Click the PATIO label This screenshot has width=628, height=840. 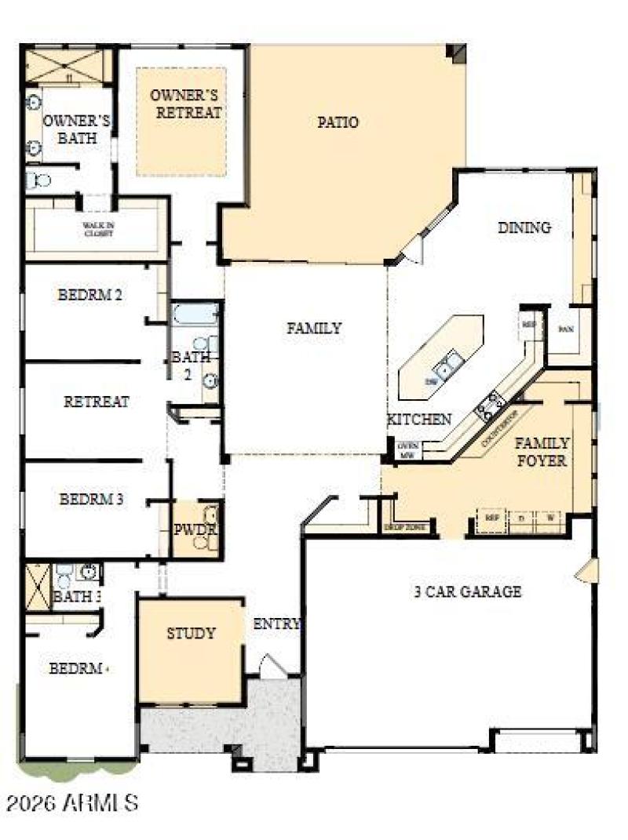click(x=338, y=122)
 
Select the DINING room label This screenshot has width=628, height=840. click(x=524, y=227)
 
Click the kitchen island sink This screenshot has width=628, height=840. click(x=449, y=365)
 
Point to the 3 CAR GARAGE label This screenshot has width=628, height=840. click(x=468, y=591)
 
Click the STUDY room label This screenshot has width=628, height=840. click(x=191, y=633)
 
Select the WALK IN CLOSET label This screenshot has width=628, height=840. click(x=98, y=228)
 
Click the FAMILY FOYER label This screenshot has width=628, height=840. click(x=542, y=452)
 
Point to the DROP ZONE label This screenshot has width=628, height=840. click(x=404, y=528)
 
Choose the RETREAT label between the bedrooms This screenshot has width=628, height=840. click(x=97, y=402)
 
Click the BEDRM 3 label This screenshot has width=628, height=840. click(x=91, y=499)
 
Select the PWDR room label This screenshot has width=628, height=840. click(x=194, y=529)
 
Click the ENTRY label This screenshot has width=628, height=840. click(x=276, y=624)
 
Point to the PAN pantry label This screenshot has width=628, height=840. click(x=564, y=329)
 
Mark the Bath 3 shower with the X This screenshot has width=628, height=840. click(x=37, y=586)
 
